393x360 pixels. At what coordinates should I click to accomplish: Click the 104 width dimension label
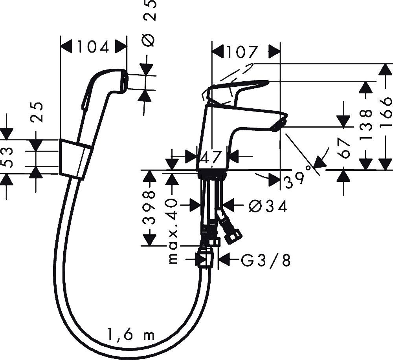tap(93, 47)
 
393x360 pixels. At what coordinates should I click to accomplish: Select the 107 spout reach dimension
tap(242, 52)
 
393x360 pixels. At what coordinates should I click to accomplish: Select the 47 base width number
tap(211, 157)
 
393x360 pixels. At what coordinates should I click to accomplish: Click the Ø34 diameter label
tap(268, 207)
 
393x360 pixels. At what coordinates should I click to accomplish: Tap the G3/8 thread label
tap(266, 261)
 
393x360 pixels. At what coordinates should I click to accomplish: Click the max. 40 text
tap(173, 231)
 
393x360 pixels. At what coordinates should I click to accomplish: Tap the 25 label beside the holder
tap(37, 112)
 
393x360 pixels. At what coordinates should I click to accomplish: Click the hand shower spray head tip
tap(125, 81)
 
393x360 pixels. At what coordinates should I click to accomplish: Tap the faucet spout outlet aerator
tap(279, 124)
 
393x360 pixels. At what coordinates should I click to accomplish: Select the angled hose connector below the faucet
tap(230, 227)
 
